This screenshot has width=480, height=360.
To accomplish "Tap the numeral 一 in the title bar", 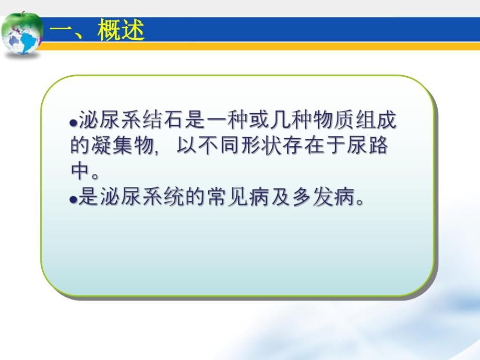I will (64, 32).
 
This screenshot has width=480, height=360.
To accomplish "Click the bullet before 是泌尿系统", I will (73, 199).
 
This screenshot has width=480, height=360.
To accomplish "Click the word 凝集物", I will (125, 147).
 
